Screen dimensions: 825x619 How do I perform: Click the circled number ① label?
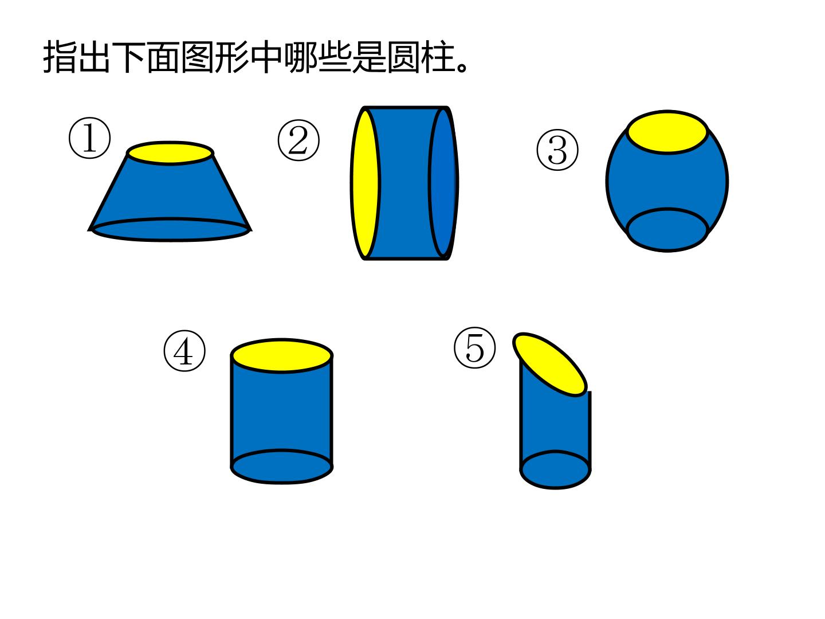click(x=89, y=138)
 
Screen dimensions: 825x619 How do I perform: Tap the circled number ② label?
click(x=298, y=140)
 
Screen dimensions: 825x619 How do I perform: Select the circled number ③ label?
click(x=557, y=150)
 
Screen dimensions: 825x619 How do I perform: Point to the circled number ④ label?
click(x=184, y=351)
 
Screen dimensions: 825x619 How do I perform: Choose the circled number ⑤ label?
click(x=475, y=347)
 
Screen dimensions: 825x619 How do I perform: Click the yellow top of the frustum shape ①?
click(x=170, y=153)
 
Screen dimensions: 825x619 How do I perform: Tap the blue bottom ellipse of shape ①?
click(x=171, y=229)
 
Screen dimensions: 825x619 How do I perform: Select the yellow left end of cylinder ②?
click(x=364, y=183)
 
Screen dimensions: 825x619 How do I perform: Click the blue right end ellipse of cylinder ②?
click(x=443, y=183)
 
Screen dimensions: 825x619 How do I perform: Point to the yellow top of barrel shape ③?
click(x=667, y=132)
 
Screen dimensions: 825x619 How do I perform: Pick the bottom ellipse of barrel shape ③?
click(x=667, y=230)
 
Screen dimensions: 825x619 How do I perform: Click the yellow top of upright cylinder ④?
click(x=281, y=355)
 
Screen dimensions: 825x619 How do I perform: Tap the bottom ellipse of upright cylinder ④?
click(x=281, y=467)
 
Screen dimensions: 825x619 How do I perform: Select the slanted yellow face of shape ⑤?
click(x=549, y=364)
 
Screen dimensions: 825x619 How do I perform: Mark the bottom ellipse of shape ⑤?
click(x=555, y=469)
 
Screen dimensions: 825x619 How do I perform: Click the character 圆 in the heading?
click(x=403, y=57)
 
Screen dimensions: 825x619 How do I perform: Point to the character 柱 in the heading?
click(x=438, y=57)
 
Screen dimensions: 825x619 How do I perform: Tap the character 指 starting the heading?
click(x=59, y=57)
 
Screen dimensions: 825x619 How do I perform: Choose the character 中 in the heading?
click(x=266, y=57)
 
